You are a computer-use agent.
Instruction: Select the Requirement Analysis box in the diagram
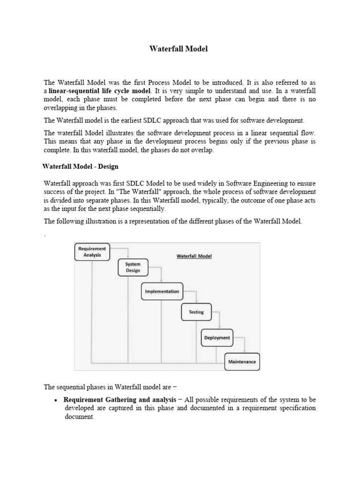[92, 252]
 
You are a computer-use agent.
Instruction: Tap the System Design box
[133, 267]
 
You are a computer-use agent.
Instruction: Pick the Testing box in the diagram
[196, 312]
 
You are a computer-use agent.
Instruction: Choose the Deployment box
[217, 337]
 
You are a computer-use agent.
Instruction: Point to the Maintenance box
[242, 361]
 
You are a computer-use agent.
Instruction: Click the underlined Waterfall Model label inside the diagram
[194, 256]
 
